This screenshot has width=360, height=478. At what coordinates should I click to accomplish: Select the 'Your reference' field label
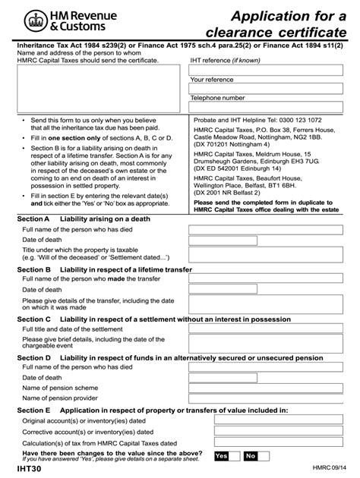click(213, 79)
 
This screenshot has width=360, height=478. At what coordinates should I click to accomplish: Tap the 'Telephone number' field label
click(217, 98)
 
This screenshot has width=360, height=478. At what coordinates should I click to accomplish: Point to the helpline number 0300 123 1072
click(304, 120)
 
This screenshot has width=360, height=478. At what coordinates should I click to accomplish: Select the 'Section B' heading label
click(33, 270)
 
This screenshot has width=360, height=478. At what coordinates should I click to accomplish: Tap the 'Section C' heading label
click(33, 319)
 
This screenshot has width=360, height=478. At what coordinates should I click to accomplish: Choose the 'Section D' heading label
click(33, 357)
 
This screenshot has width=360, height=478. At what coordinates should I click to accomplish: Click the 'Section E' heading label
click(33, 410)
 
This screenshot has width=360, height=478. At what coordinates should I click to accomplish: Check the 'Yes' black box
click(222, 456)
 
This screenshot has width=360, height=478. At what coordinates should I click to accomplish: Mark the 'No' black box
click(250, 456)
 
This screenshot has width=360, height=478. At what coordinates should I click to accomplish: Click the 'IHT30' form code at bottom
click(33, 470)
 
